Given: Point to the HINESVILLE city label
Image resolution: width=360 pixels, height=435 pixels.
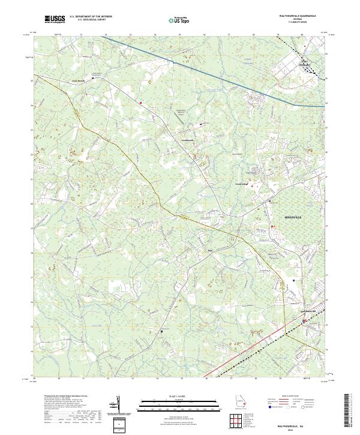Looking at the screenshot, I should pos(293,215).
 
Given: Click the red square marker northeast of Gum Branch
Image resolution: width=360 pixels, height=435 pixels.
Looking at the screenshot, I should pos(140,102).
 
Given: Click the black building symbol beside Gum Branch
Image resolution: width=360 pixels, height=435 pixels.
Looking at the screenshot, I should pos(92,78).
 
